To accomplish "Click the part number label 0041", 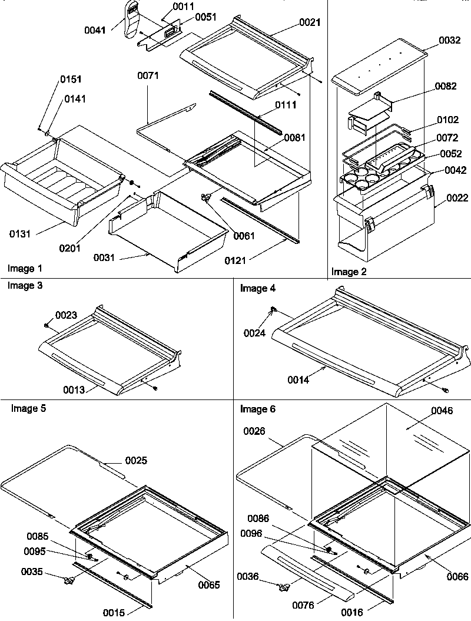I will [x=111, y=29].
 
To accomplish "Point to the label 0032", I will [x=450, y=41].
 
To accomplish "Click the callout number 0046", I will [x=442, y=411].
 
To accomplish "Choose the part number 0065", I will [x=209, y=585].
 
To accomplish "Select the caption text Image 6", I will [x=257, y=409].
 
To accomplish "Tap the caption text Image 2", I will [x=349, y=272].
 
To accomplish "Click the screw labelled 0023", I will [x=47, y=324].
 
